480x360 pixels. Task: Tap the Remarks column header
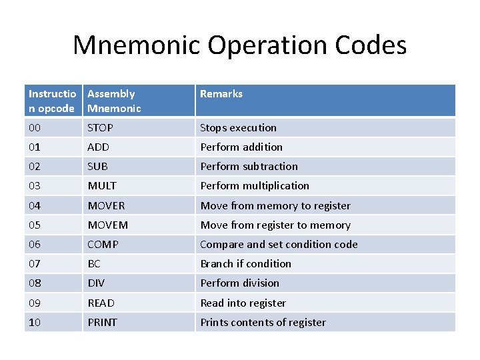tap(221, 94)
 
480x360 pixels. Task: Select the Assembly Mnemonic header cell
tap(114, 101)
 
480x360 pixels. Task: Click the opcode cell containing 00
tap(35, 127)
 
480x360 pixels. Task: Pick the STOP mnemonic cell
tap(101, 127)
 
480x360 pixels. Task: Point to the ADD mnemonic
tap(98, 147)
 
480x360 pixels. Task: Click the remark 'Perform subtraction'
tap(249, 166)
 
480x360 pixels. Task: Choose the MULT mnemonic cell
tap(102, 185)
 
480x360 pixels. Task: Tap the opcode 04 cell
tap(35, 205)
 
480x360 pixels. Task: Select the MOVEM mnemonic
tap(107, 225)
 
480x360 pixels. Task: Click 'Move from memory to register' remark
tap(275, 205)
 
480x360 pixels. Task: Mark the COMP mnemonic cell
tap(103, 244)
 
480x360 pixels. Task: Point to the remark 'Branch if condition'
tap(246, 263)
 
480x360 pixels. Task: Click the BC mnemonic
tap(94, 263)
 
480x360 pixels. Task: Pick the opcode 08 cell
tap(35, 283)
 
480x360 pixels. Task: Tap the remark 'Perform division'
tap(240, 283)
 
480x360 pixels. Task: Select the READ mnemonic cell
tap(101, 303)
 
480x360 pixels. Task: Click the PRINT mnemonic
tap(102, 322)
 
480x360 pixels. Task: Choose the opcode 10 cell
tap(35, 322)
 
